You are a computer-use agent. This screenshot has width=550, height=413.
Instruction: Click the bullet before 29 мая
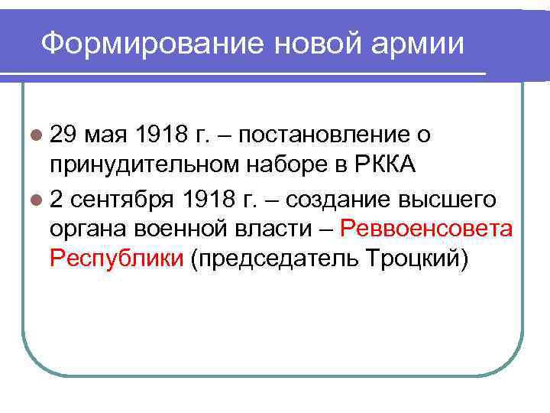36,136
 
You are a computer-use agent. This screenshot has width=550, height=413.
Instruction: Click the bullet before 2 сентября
36,200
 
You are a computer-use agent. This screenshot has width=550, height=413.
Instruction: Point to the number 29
64,135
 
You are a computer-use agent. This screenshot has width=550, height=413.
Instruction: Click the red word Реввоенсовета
426,229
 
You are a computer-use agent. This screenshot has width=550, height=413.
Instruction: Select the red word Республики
116,259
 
